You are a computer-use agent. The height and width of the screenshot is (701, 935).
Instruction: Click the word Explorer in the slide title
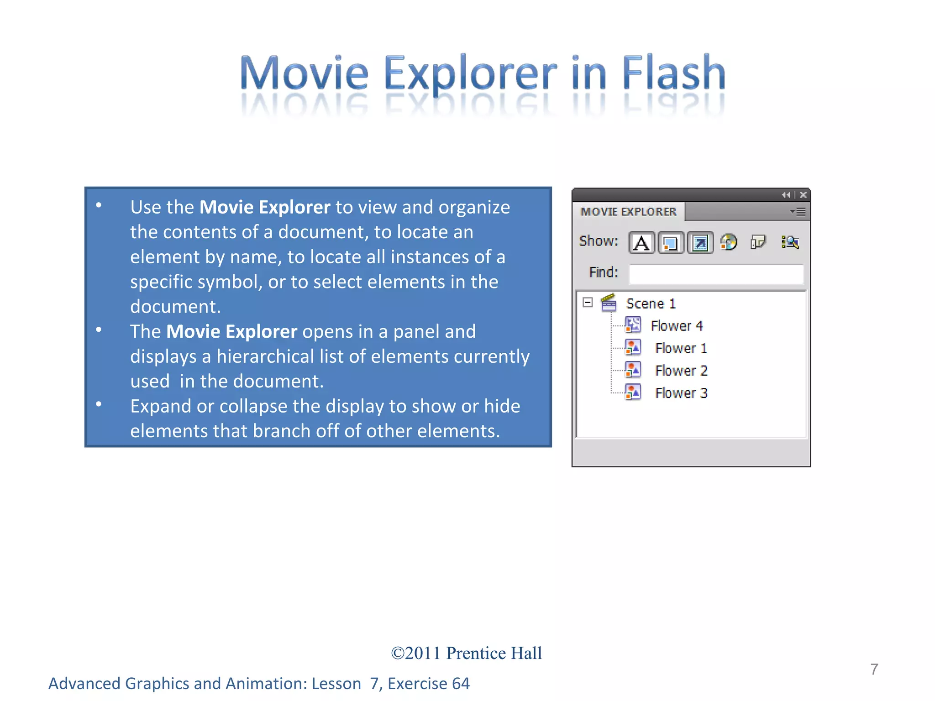tap(470, 73)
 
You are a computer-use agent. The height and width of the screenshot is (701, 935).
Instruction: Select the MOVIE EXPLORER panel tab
tap(628, 212)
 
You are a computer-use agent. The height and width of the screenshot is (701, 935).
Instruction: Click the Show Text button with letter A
tap(641, 242)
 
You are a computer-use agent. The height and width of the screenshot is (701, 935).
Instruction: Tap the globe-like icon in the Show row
tap(729, 242)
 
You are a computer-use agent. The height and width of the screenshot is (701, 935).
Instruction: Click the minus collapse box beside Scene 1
tap(588, 303)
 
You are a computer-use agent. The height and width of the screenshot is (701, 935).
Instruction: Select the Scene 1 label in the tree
tap(651, 303)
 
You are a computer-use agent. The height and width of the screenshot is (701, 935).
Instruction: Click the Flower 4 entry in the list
tap(677, 326)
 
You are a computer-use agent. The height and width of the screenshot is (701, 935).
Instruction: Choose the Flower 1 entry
tap(681, 348)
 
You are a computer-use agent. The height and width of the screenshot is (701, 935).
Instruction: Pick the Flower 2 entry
tap(681, 371)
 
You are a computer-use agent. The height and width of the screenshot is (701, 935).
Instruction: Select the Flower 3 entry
tap(681, 393)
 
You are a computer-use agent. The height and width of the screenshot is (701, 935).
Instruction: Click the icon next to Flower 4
tap(633, 325)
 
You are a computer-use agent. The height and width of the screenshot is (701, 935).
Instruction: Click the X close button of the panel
tap(803, 195)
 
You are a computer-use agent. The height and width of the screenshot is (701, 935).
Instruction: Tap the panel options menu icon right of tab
tap(798, 212)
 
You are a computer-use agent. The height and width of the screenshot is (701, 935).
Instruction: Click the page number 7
tap(874, 669)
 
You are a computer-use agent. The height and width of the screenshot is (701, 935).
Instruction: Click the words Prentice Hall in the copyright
tap(494, 653)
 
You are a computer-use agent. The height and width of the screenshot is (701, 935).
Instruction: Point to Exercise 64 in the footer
tap(428, 684)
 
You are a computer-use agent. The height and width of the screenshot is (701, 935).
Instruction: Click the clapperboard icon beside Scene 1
tap(609, 303)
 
